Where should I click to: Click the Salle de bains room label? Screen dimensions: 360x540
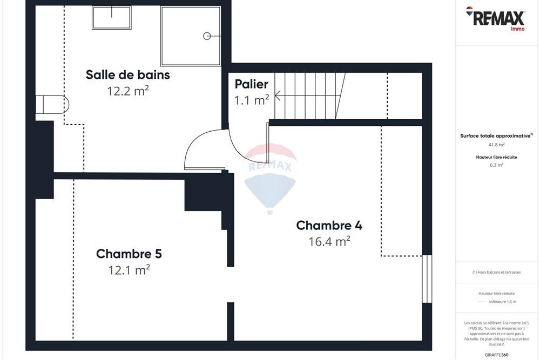[128, 74]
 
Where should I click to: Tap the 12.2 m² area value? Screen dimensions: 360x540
[128, 91]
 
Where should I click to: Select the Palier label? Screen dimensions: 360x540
[251, 84]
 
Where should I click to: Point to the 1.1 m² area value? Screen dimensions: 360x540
[251, 100]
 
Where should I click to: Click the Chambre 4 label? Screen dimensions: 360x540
[329, 225]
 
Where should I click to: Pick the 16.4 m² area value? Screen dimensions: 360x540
[329, 241]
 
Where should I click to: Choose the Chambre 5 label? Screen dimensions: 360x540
[129, 254]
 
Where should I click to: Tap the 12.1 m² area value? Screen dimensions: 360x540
[129, 270]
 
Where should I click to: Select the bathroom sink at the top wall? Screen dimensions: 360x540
[111, 18]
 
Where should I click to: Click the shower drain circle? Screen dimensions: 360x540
[207, 36]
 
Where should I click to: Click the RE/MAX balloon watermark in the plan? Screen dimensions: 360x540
[270, 178]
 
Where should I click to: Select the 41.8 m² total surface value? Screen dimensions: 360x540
[497, 145]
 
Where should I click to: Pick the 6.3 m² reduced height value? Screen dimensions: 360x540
[497, 165]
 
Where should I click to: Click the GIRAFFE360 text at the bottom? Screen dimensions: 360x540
[497, 355]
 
